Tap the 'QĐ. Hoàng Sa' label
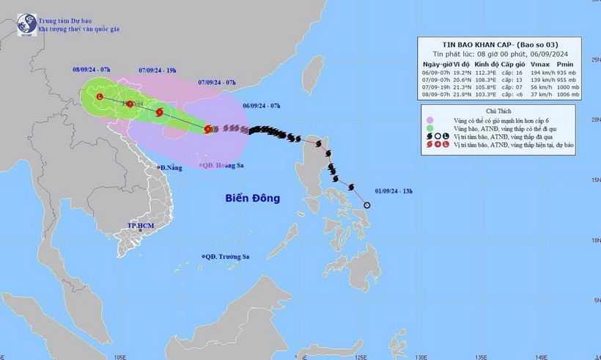[223, 166]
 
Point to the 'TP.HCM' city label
[140, 226]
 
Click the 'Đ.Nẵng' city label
[172, 168]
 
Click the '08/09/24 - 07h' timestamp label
[92, 69]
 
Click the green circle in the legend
[429, 128]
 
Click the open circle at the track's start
[367, 205]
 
